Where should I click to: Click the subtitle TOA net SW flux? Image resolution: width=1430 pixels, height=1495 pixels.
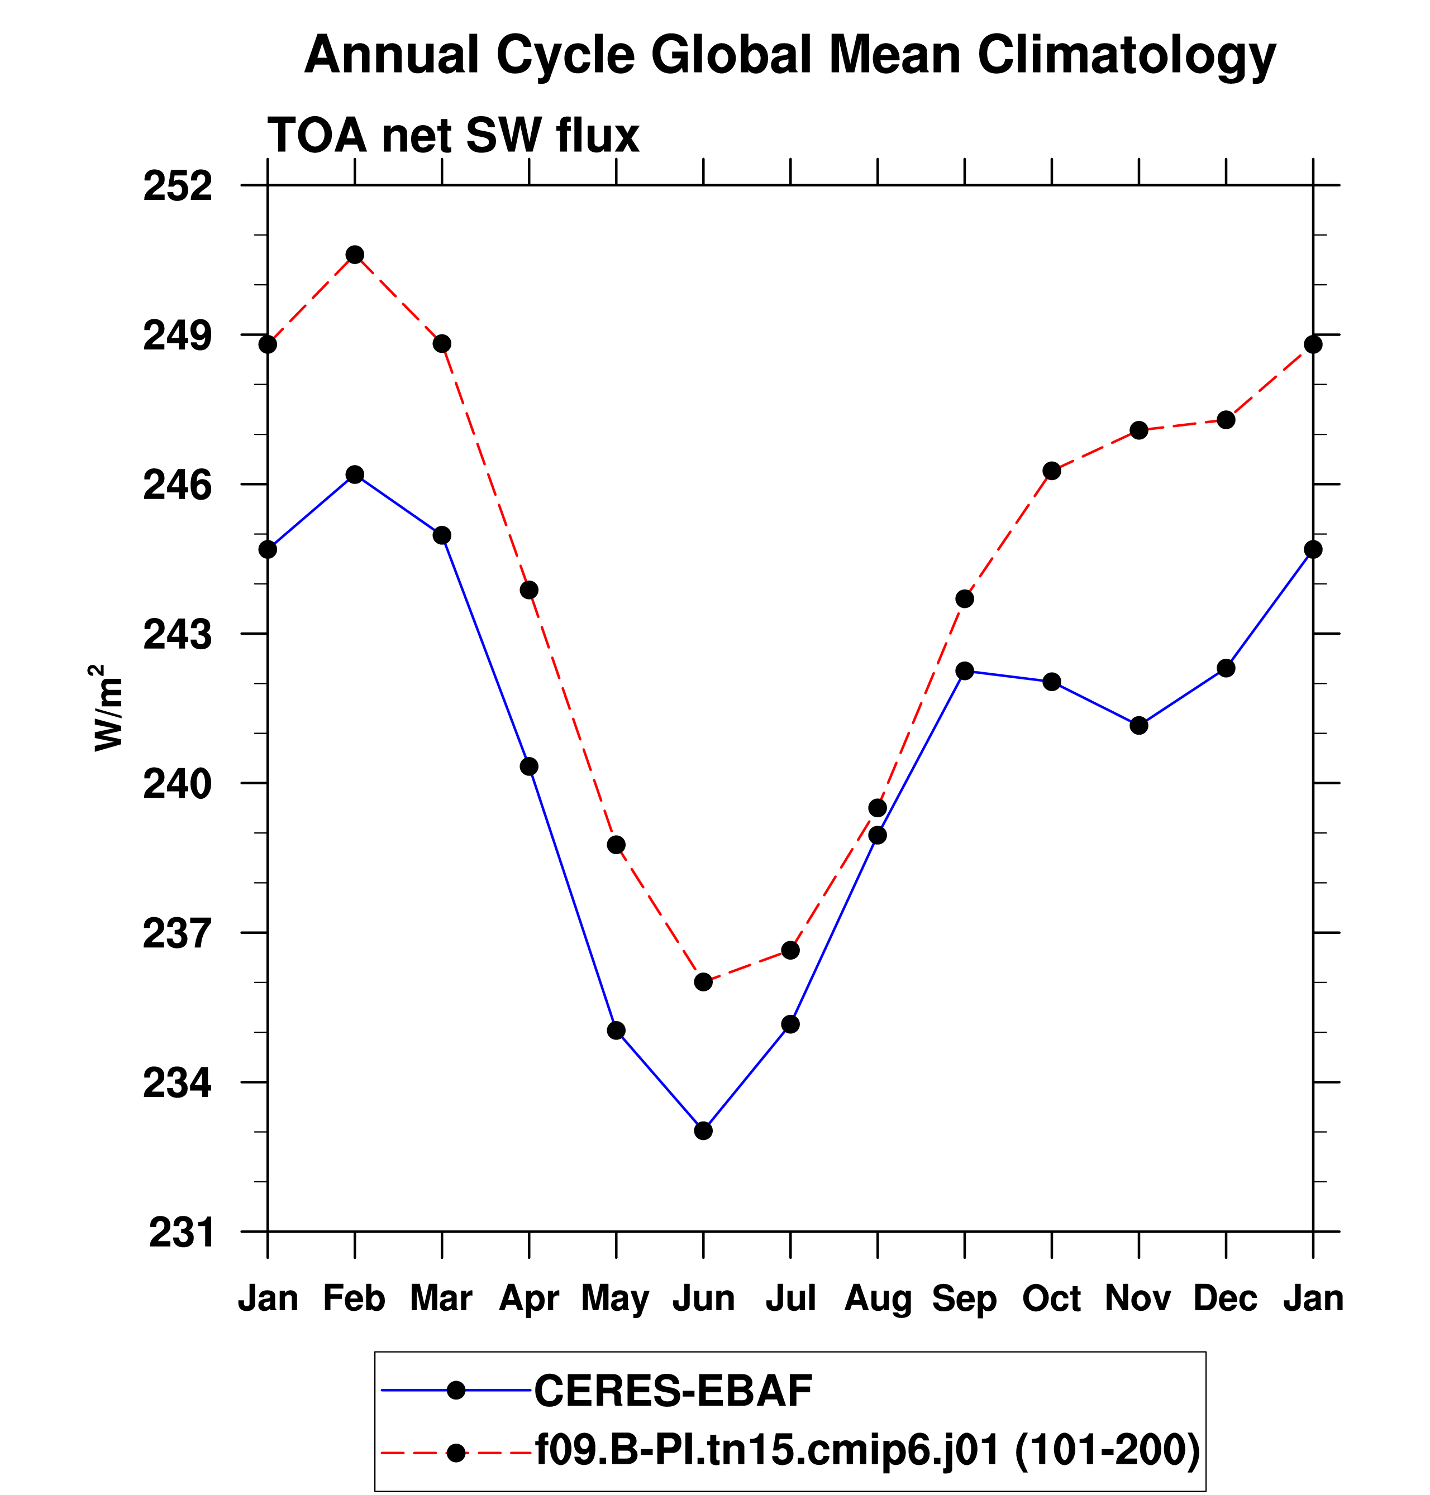[x=453, y=136]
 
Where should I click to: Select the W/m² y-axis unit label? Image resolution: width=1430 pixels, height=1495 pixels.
[x=107, y=707]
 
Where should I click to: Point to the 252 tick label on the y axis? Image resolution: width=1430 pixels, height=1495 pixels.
[x=178, y=186]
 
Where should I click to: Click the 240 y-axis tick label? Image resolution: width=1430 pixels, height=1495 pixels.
[x=178, y=784]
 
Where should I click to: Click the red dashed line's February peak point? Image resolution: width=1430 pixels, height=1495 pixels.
[x=355, y=255]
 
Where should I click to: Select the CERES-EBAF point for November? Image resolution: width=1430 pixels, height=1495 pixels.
[x=1138, y=725]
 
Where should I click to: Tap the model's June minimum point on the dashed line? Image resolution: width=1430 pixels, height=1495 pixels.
[x=703, y=982]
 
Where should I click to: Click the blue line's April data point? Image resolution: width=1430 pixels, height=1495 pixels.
[x=529, y=766]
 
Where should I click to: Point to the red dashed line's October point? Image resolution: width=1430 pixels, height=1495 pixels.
[x=1051, y=471]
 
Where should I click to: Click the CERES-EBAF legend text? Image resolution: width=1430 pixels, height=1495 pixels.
[x=673, y=1391]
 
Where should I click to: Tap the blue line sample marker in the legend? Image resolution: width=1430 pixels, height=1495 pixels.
[x=456, y=1391]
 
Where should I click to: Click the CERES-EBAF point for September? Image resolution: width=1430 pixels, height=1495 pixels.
[x=964, y=670]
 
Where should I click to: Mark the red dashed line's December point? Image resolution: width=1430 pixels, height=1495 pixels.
[x=1225, y=420]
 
